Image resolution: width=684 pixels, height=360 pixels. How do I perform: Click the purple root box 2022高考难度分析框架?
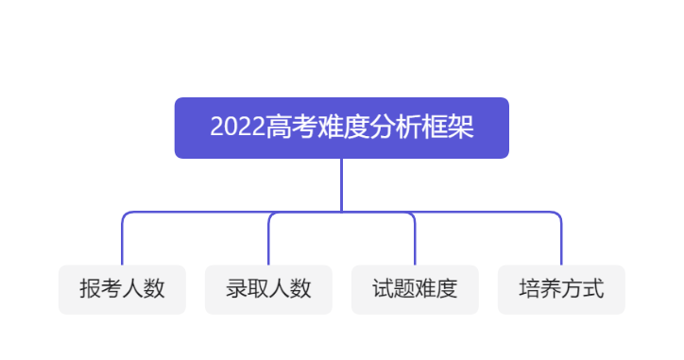click(x=341, y=128)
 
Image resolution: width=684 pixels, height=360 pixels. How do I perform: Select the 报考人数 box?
click(x=122, y=289)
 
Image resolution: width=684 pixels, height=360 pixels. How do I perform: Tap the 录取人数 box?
click(x=268, y=289)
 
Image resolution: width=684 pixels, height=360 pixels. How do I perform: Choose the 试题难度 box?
click(x=415, y=289)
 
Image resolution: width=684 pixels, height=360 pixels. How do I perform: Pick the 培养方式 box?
click(x=561, y=289)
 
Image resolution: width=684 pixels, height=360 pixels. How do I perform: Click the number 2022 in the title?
click(x=237, y=128)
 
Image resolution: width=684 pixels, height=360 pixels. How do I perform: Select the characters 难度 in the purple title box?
click(x=343, y=128)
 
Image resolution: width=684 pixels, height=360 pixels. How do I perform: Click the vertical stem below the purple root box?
click(x=341, y=184)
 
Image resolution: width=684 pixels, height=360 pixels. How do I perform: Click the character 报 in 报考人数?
click(x=90, y=289)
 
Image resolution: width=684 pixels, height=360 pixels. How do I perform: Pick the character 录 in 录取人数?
click(x=236, y=289)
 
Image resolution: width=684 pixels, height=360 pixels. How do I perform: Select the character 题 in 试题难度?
click(x=404, y=289)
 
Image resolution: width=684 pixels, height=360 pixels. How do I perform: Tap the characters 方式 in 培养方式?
click(x=582, y=289)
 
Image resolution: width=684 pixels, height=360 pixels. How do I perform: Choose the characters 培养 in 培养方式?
click(x=540, y=289)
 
